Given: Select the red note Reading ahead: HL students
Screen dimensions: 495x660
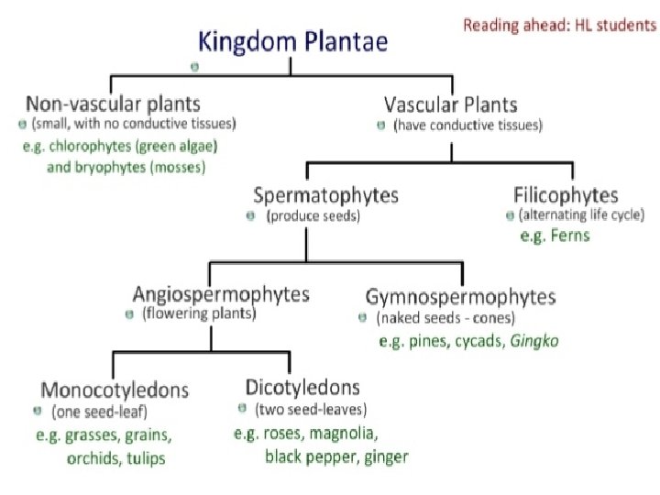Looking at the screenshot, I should (x=559, y=25).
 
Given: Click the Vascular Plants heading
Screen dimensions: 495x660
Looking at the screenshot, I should (x=450, y=104).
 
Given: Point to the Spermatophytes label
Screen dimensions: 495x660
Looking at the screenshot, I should (x=325, y=195).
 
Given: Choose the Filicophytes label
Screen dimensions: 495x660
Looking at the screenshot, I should (x=566, y=195).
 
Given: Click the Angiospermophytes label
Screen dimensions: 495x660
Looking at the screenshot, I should (x=221, y=294).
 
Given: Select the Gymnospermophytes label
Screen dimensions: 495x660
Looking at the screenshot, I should (x=460, y=296).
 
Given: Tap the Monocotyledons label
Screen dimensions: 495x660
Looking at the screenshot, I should (x=115, y=390).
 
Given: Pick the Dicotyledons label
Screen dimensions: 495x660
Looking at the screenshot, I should (x=302, y=387).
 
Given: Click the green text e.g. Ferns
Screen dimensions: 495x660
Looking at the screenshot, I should (x=555, y=236).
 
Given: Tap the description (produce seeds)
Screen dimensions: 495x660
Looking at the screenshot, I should (x=313, y=216).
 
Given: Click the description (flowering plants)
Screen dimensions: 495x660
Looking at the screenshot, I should (x=198, y=314).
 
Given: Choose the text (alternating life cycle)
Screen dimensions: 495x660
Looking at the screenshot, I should (x=581, y=215).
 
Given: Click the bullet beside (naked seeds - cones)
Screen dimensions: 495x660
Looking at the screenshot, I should (x=362, y=318).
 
